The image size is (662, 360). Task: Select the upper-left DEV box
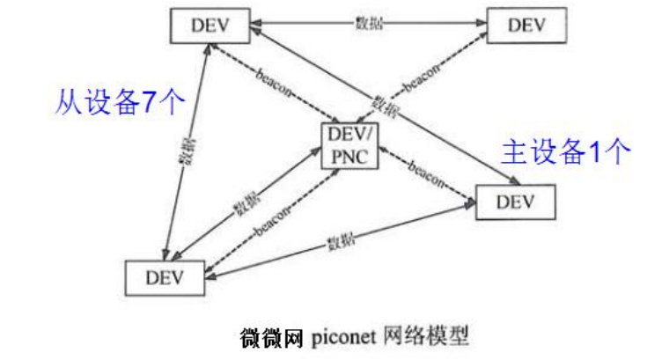209,25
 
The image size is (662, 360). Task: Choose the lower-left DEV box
164,277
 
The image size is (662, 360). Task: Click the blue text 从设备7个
121,103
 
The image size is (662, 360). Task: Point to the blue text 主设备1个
566,152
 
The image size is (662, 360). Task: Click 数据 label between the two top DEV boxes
365,22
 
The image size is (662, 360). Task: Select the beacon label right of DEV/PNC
426,169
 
